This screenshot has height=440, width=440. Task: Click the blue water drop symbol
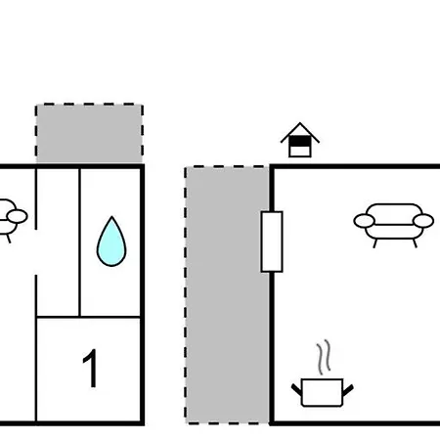coord(111,242)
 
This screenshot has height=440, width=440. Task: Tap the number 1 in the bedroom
coord(91,368)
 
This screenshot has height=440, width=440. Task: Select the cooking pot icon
coord(323,392)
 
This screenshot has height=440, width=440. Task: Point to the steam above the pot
coord(324,357)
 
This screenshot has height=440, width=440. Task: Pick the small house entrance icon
coord(300,140)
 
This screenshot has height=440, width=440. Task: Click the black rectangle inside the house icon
coord(300,142)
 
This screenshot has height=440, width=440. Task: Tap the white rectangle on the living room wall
coord(272,242)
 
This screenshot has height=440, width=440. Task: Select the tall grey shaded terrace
coord(227,295)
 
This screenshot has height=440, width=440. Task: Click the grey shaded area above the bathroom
coord(89,134)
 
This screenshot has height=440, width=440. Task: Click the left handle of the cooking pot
coord(296,390)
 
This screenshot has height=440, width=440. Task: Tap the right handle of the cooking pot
coord(348,390)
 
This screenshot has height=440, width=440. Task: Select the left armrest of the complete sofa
coord(364,221)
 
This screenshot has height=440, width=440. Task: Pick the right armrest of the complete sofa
coord(423,221)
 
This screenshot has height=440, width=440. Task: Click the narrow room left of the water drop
coord(58,242)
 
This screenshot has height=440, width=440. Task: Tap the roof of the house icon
coord(300,133)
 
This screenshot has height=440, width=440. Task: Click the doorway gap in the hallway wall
coord(36,252)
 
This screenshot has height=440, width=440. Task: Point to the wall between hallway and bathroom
coord(79,242)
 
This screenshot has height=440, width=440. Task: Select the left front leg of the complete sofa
coord(375,243)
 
